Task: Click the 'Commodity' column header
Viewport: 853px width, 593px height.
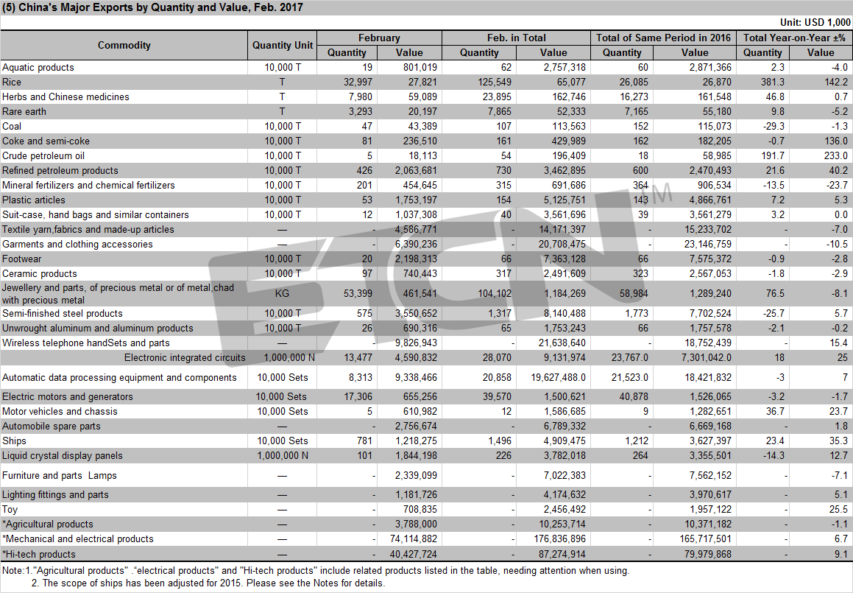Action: (x=124, y=45)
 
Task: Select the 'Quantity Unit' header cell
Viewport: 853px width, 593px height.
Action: (x=283, y=45)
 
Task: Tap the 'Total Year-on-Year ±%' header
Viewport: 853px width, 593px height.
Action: (x=794, y=38)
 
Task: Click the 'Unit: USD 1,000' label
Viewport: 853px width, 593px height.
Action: (x=815, y=22)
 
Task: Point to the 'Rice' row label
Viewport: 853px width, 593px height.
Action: (x=12, y=83)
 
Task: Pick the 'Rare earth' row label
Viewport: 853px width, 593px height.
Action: (x=24, y=112)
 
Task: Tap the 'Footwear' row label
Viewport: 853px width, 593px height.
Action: (x=22, y=259)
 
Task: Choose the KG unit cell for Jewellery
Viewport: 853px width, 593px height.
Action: (x=283, y=293)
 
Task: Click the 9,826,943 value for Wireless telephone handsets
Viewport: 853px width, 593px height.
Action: (x=416, y=343)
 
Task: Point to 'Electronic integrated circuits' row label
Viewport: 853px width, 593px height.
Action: (x=185, y=358)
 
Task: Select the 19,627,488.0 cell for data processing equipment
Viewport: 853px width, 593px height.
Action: (x=558, y=377)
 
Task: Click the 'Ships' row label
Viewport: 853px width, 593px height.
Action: (x=14, y=441)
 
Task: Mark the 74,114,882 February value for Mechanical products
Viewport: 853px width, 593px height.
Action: (x=414, y=539)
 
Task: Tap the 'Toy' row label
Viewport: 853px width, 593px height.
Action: (x=10, y=510)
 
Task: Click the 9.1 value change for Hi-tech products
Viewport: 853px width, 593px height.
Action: (x=841, y=555)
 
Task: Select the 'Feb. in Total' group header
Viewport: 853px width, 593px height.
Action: (x=516, y=38)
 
